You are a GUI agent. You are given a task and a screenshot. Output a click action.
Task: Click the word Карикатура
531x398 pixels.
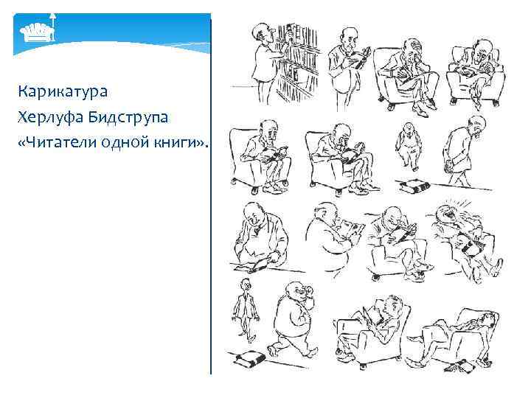coord(64,92)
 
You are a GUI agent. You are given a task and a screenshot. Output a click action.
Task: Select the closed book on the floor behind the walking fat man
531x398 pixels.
coord(251,360)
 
